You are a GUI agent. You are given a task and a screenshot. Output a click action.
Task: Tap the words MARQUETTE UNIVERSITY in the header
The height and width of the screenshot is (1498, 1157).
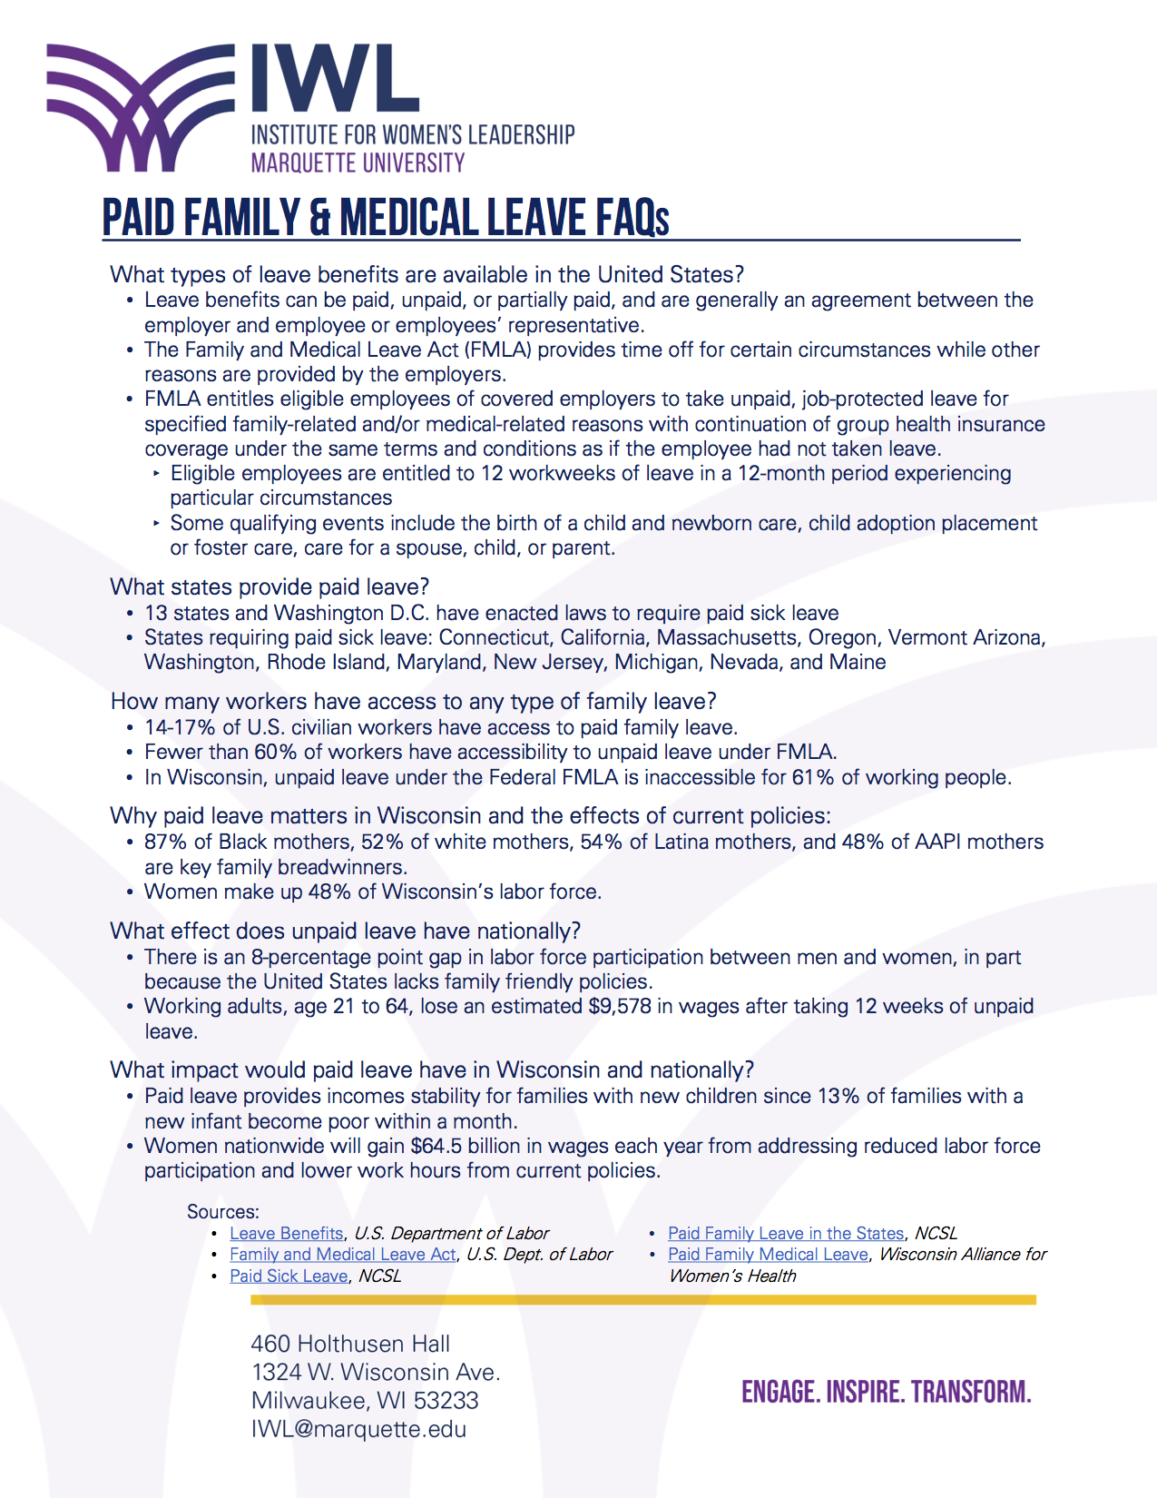(x=358, y=163)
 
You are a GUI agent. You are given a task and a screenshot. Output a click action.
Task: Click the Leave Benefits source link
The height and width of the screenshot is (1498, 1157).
(x=286, y=1233)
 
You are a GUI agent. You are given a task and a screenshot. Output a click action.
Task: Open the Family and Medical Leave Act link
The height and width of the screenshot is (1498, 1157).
(x=342, y=1254)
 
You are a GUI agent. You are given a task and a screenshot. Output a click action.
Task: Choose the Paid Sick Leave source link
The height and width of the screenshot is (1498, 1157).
(x=289, y=1276)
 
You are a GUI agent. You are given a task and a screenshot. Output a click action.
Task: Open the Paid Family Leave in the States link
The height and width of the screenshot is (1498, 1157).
(x=786, y=1233)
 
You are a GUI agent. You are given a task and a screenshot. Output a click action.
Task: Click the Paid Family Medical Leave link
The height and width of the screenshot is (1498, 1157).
(x=768, y=1254)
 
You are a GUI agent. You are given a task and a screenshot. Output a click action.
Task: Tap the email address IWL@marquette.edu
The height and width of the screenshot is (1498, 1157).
(x=358, y=1429)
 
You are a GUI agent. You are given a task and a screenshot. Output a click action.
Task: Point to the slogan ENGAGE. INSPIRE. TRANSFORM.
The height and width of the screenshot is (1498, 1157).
(x=886, y=1392)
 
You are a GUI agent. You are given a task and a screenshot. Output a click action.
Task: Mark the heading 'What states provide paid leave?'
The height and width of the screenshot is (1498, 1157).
(x=270, y=586)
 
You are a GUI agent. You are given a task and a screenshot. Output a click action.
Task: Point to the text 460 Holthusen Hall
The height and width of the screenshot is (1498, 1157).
(x=350, y=1344)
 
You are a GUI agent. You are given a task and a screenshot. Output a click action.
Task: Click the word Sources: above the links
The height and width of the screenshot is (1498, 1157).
(x=222, y=1211)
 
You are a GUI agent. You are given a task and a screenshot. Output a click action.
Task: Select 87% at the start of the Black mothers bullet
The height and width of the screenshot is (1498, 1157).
(x=165, y=842)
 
